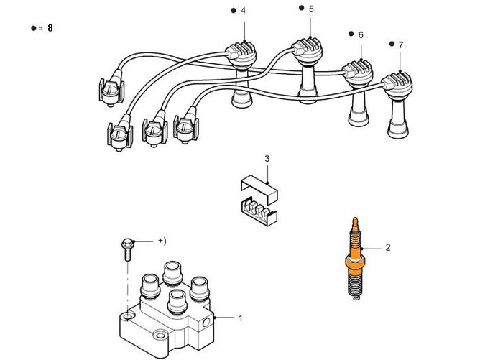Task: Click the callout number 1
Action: (241, 317)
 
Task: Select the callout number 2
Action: (388, 248)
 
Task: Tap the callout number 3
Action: (267, 158)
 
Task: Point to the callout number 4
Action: (243, 11)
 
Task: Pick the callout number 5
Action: (311, 9)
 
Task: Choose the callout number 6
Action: (360, 34)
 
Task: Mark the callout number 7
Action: (400, 45)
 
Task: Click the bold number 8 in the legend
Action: (50, 28)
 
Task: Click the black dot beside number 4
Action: (234, 11)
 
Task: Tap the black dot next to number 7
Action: (391, 45)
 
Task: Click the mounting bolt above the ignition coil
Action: (128, 247)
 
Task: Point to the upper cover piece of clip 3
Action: (257, 183)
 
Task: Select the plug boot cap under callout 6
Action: (357, 71)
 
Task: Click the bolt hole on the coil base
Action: (127, 316)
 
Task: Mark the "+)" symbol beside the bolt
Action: (162, 240)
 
